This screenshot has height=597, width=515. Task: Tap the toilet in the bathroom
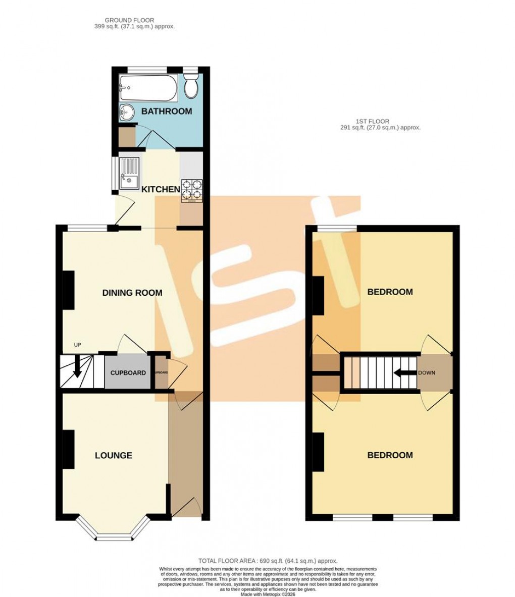coord(191,87)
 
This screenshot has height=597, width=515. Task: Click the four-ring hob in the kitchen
coord(192,190)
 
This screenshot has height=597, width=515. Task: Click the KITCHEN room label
coord(161,190)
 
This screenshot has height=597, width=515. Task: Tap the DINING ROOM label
coord(132,293)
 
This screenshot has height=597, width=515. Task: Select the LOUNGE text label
coord(114,455)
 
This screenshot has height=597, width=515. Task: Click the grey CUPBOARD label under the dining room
coord(128,373)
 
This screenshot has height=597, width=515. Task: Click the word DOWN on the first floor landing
coord(426,373)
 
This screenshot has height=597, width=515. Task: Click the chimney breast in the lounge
coord(68,449)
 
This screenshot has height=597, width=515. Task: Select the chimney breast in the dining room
coord(68,290)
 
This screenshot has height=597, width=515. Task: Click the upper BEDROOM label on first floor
coord(390,292)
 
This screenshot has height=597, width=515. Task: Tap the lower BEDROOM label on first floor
coord(390,455)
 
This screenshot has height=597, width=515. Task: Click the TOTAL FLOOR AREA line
coord(267,561)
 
